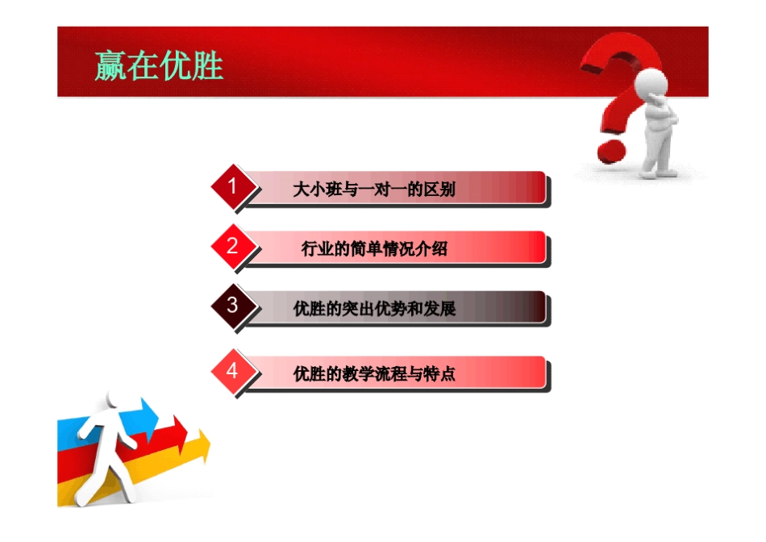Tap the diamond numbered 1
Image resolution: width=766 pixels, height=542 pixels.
tap(232, 187)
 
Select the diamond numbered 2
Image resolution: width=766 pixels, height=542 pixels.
tap(232, 247)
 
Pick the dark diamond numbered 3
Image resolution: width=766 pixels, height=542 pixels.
tap(232, 306)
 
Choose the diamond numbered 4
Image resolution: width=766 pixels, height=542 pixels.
tap(232, 371)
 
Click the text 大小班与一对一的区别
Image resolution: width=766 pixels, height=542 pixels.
tap(374, 190)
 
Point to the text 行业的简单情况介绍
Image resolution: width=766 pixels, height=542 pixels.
tap(374, 249)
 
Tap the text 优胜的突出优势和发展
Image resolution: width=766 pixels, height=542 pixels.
tap(374, 309)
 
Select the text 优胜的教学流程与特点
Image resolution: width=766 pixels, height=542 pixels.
tap(374, 374)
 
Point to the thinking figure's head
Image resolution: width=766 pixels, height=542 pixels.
tap(652, 84)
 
